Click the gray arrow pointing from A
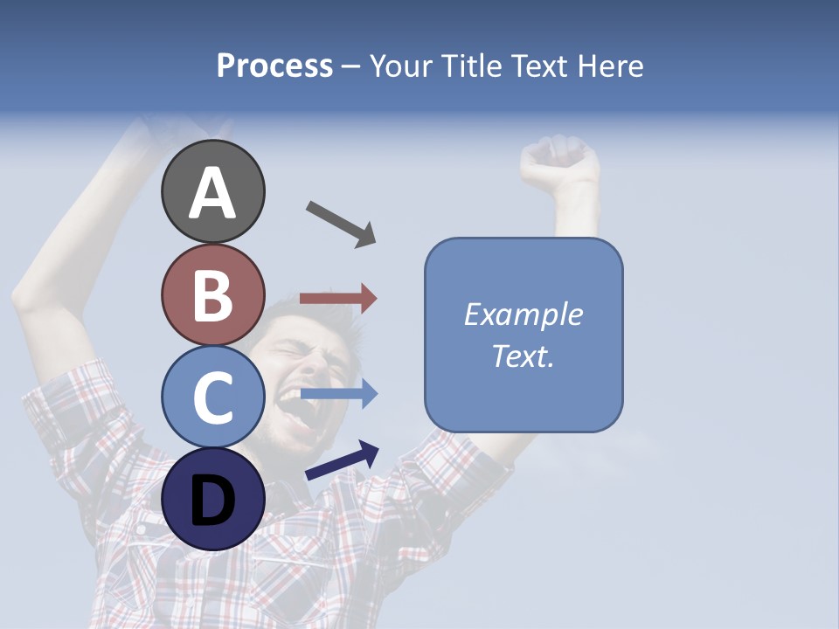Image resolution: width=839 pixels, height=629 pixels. (x=340, y=224)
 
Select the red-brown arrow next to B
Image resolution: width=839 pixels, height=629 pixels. (x=338, y=299)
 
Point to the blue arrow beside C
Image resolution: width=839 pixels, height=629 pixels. (x=338, y=394)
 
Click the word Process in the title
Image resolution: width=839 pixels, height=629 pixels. (x=274, y=66)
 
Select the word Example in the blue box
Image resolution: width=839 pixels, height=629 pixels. (x=523, y=314)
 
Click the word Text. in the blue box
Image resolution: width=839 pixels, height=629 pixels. (x=523, y=356)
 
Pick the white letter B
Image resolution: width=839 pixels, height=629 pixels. (x=212, y=295)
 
